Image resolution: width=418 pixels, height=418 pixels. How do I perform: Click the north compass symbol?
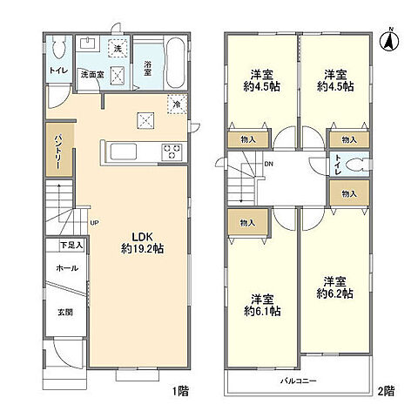pos(389,42)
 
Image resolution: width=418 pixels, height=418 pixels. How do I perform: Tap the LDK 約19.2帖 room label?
pos(142,243)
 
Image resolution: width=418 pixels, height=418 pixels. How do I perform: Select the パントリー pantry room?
pos(59,150)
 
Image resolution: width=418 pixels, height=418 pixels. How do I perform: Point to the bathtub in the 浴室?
pos(175,62)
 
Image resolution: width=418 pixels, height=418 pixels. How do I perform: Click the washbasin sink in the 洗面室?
pos(88,44)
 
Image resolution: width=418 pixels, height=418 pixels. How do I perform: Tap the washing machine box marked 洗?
pos(118,48)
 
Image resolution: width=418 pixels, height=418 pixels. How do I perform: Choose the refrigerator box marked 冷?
pos(177,104)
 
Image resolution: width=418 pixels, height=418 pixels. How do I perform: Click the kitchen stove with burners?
pos(172,152)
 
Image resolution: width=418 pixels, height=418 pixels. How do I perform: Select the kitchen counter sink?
pos(124,152)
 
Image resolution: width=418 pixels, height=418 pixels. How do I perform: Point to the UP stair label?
pos(94,223)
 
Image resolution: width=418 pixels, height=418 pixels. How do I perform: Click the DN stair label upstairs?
pos(269,164)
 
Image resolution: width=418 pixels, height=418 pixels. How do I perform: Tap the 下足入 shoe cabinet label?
pos(71,246)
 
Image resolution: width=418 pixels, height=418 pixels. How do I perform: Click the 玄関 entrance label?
pos(65,313)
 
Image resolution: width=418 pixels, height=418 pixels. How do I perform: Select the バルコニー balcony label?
pos(298,381)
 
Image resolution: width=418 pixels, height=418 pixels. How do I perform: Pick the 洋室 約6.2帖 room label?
pos(334,287)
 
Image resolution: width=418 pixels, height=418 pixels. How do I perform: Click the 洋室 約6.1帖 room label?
pos(262,305)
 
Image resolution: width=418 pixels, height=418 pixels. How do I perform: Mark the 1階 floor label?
pos(180,391)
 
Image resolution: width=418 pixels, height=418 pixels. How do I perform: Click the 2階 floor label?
pos(386,391)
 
